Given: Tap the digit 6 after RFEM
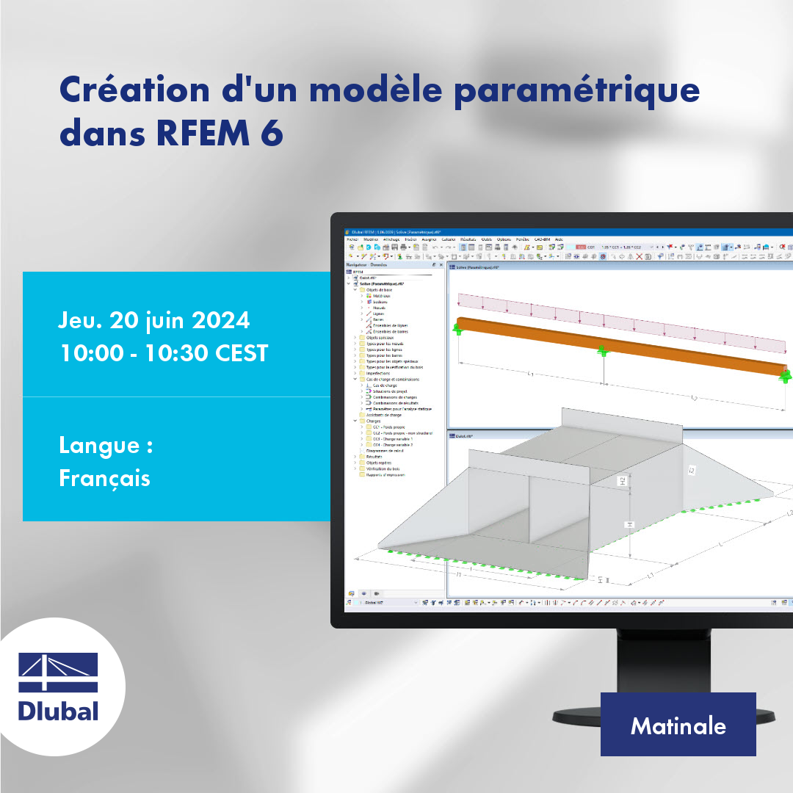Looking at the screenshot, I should [272, 134].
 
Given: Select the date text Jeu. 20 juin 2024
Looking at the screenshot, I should [154, 321].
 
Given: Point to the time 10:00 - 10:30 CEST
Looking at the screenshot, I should [163, 353].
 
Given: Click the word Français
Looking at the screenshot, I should [104, 478].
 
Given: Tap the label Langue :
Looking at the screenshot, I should [105, 446].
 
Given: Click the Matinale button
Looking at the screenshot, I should [678, 725].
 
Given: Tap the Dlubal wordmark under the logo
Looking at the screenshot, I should [58, 711].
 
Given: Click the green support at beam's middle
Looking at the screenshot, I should [603, 352].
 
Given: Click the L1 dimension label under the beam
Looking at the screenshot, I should [530, 374].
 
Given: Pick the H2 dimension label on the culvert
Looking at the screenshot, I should [621, 482].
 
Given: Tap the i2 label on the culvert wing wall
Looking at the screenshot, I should [692, 470].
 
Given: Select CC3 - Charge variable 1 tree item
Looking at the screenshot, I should [393, 439].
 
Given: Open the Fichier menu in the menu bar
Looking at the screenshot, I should [352, 239].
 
